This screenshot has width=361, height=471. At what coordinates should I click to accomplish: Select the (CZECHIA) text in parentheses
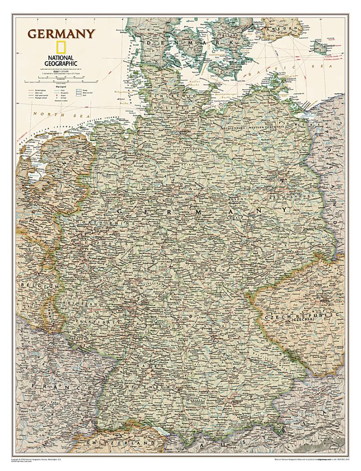coord(303,319)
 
